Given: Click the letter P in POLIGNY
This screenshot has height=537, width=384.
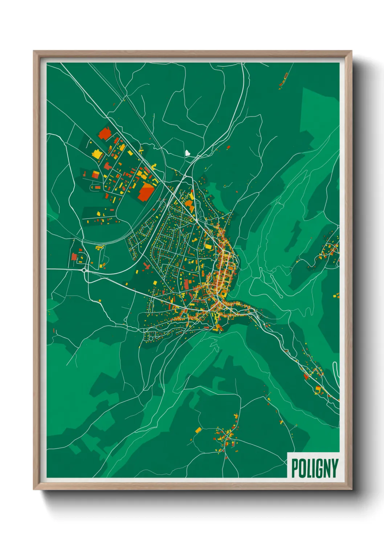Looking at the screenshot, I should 294,468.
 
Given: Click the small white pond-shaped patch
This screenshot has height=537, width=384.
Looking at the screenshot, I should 188,153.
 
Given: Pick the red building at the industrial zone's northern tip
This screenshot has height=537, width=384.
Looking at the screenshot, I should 105,134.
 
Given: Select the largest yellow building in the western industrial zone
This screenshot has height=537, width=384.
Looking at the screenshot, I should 97,154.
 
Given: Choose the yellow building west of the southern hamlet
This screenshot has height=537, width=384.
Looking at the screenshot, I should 198,430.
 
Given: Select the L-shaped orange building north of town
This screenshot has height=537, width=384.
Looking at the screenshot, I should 189,204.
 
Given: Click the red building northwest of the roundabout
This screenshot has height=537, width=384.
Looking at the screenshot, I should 74,257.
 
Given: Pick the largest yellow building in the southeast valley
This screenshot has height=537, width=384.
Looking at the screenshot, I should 318,389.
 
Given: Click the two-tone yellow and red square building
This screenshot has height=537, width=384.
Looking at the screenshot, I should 95,174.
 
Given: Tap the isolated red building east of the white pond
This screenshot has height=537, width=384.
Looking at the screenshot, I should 229,147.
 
